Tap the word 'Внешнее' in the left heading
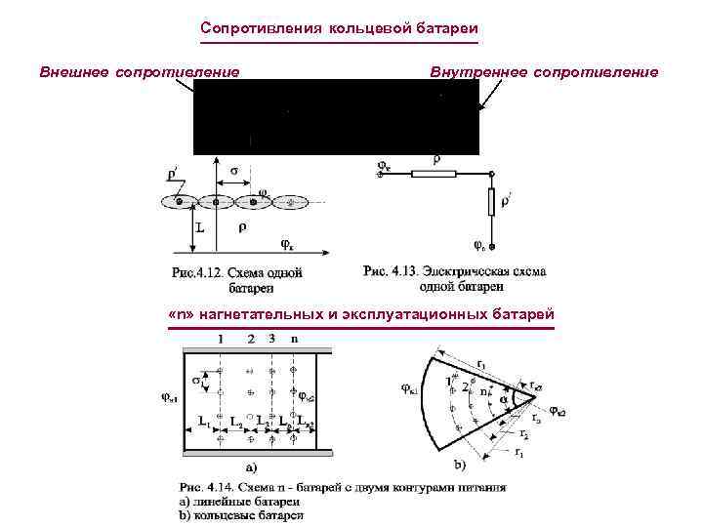click(74, 71)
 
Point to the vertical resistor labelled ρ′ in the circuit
click(492, 202)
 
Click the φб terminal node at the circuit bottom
click(481, 244)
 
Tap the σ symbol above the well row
click(233, 171)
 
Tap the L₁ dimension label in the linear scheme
click(204, 421)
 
